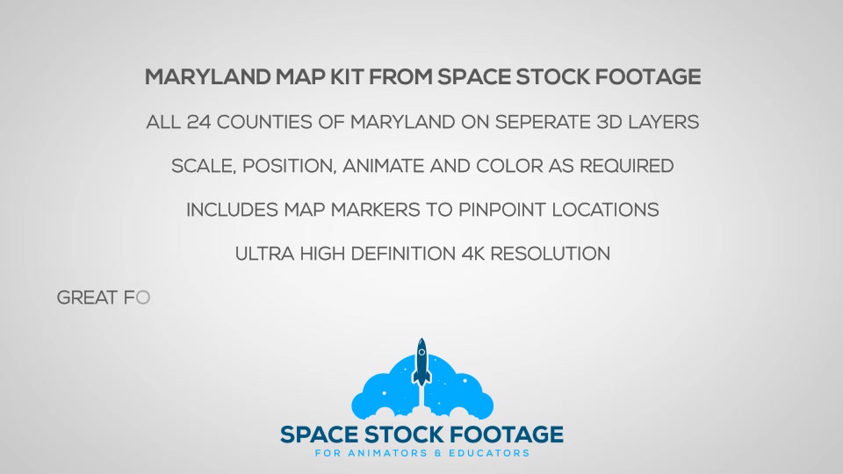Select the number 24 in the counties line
coord(199,122)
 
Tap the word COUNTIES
coord(264,122)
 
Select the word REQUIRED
coord(626,166)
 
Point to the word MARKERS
coord(375,210)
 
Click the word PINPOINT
coord(502,210)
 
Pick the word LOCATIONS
coord(605,210)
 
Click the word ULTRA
coord(264,254)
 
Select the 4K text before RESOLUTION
coord(473,254)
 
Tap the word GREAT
coord(88,298)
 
